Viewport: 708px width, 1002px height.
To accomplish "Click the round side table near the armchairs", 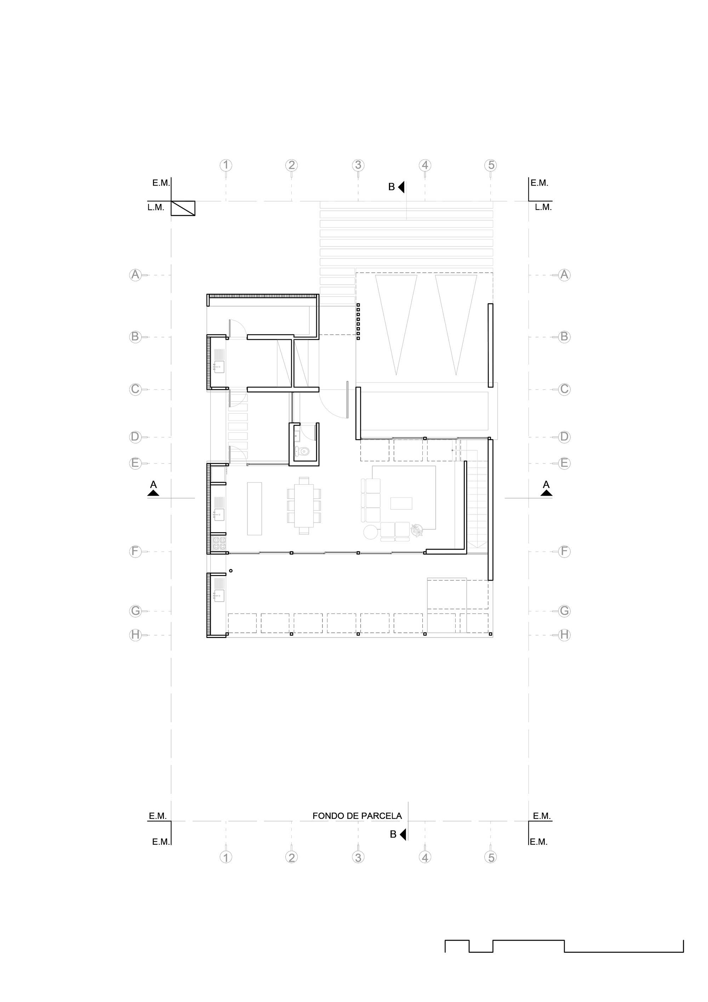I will click(370, 532).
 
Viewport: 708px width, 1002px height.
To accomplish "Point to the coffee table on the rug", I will click(401, 503).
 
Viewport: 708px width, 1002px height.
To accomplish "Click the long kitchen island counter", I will click(254, 508).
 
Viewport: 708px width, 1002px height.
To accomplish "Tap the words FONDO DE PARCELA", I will click(357, 816).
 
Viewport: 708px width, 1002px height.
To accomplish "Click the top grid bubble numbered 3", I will click(358, 165).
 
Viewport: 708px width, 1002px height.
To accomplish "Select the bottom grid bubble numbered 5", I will click(491, 857).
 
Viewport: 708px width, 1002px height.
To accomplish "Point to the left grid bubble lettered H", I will click(135, 634).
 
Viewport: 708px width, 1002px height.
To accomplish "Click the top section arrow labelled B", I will click(401, 187).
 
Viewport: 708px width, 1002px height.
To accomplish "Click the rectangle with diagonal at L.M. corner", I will click(183, 208).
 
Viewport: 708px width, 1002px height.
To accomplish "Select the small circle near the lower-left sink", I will click(231, 570).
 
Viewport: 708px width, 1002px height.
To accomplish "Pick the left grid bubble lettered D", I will click(135, 437).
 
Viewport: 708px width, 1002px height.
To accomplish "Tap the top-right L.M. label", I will click(543, 208).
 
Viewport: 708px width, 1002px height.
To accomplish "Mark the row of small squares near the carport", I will click(358, 321).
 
